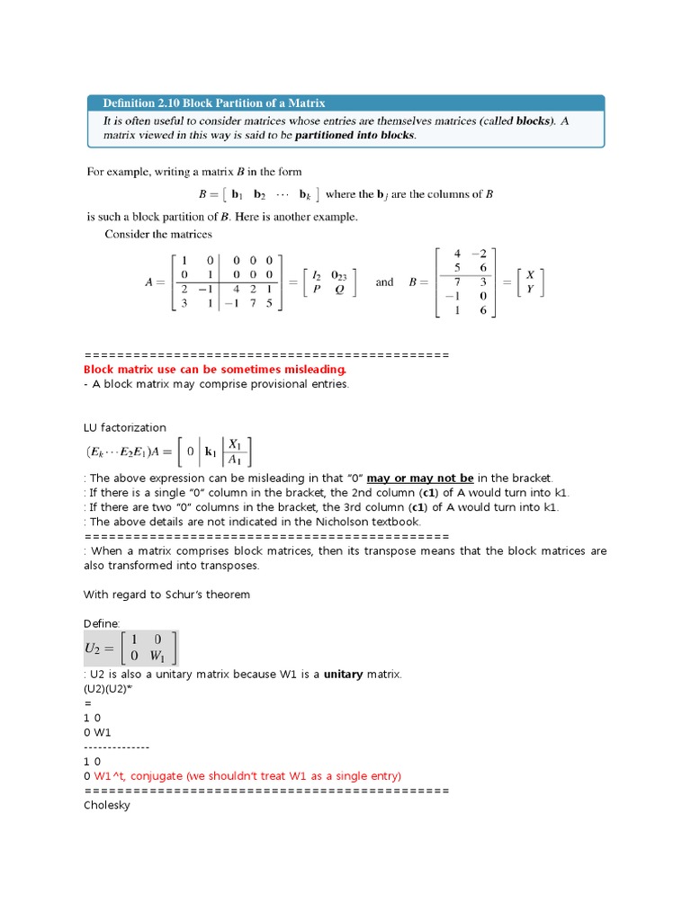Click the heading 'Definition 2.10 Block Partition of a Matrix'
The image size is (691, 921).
coord(214,103)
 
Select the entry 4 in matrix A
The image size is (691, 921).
coord(235,290)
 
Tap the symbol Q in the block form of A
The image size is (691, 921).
coord(339,290)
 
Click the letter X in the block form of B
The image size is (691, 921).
coord(530,273)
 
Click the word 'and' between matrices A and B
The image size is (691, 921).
coord(384,282)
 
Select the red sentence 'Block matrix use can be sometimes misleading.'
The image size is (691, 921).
coord(214,370)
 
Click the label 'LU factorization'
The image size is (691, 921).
coord(125,427)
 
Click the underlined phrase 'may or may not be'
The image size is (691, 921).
coord(420,478)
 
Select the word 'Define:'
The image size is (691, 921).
coord(103,623)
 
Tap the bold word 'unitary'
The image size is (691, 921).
coord(343,675)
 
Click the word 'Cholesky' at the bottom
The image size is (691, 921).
coord(107,805)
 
